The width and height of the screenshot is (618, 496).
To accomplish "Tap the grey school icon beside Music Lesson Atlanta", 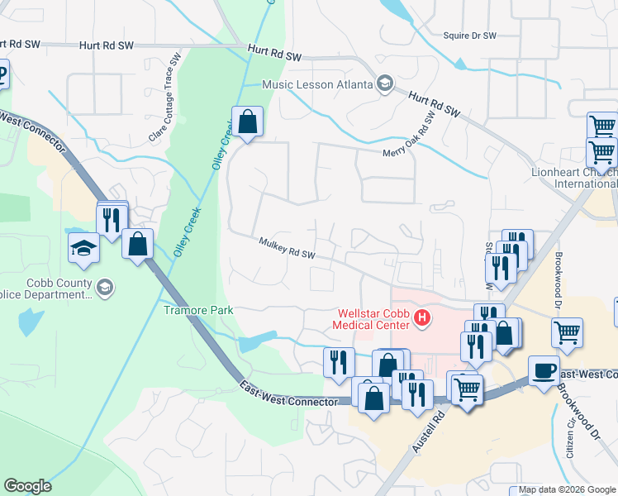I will (384, 83).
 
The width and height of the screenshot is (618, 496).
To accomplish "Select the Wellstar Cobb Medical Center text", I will (373, 319).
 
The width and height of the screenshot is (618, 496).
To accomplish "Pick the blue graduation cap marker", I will (84, 248).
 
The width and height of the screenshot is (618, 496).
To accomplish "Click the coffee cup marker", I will (544, 371).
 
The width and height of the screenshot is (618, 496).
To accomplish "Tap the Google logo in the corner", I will (27, 486).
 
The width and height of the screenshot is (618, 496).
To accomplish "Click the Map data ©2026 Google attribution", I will (567, 490).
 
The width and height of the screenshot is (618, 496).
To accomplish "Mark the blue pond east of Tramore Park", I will (257, 341).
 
